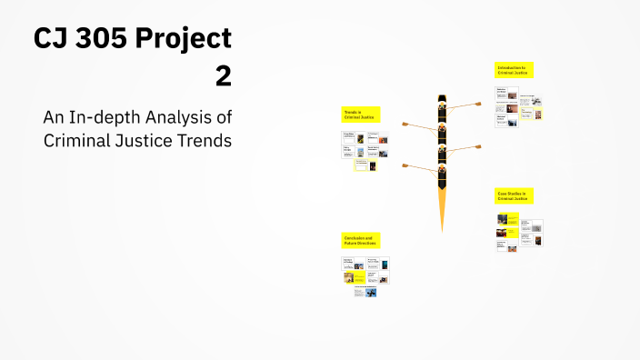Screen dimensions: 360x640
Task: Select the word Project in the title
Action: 188,41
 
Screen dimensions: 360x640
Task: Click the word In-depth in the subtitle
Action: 111,117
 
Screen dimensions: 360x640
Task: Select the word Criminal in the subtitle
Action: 78,141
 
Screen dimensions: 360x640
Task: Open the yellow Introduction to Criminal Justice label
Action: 514,70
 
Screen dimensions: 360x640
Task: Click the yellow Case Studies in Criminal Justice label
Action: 515,195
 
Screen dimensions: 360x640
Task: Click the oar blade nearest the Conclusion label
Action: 405,166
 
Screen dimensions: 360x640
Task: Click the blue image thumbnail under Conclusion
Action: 371,292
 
